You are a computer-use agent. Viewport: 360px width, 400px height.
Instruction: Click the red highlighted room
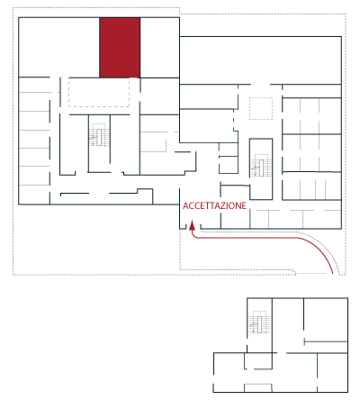click(120, 48)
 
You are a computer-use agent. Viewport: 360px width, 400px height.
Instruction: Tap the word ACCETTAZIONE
click(214, 205)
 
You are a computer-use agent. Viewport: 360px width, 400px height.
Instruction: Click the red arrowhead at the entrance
click(193, 226)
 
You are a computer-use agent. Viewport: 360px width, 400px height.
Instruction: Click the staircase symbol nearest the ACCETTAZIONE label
click(260, 165)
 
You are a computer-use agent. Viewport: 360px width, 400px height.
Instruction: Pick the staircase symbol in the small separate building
click(259, 322)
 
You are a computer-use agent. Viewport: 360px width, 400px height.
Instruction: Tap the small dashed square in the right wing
click(261, 108)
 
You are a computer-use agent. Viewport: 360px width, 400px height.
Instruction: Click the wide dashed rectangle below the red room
click(99, 92)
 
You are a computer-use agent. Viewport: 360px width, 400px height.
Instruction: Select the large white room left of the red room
click(59, 47)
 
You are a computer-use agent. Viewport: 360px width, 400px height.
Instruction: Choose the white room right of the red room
click(159, 48)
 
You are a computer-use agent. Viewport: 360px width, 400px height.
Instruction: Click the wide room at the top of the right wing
click(260, 60)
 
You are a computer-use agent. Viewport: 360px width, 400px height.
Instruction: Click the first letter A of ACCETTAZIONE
click(185, 205)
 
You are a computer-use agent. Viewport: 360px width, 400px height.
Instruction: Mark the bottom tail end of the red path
click(333, 273)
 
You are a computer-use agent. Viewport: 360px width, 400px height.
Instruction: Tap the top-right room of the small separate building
click(326, 319)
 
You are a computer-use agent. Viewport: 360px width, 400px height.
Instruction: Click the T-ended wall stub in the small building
click(326, 341)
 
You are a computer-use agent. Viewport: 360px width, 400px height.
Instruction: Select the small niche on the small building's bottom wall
click(258, 387)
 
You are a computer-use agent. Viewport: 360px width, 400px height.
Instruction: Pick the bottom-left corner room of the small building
click(229, 372)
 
